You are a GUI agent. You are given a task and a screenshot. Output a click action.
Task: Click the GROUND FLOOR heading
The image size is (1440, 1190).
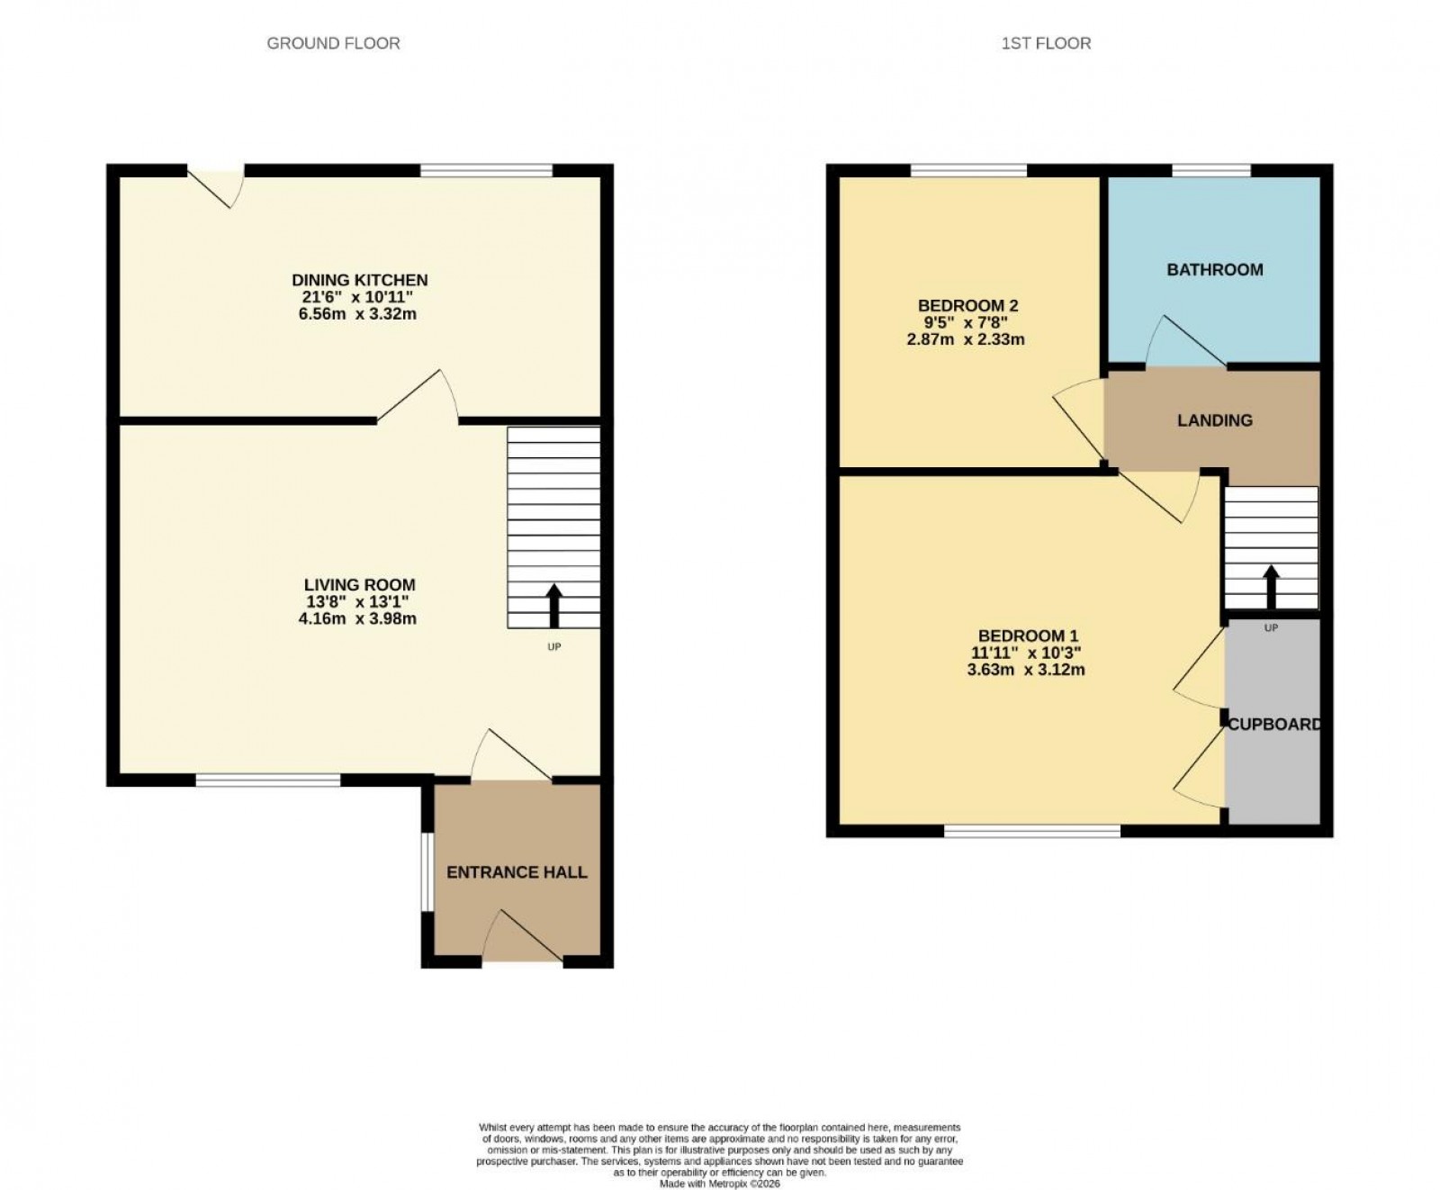(x=333, y=43)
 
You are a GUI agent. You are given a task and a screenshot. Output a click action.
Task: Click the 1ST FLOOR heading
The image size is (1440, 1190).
(x=1046, y=43)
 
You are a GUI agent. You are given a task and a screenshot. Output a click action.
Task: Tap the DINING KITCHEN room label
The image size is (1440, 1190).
(x=359, y=280)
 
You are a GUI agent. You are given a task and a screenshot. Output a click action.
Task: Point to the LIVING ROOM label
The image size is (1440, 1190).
(x=359, y=584)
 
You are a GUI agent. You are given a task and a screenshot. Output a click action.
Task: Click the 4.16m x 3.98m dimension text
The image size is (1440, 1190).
(x=357, y=618)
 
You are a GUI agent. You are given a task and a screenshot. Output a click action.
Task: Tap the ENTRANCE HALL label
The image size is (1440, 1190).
(x=517, y=871)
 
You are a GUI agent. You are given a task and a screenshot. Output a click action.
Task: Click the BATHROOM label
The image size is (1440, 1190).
(x=1214, y=269)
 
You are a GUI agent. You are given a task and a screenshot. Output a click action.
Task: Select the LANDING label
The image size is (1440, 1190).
(x=1214, y=420)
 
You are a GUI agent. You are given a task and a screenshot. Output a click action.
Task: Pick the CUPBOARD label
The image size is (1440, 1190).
(x=1274, y=724)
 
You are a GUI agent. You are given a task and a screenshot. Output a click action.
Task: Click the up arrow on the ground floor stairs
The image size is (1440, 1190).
(x=553, y=605)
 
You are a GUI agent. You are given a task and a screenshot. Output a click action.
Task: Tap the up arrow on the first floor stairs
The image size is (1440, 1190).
(x=1271, y=587)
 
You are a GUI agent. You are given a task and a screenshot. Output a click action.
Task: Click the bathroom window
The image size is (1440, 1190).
(x=1211, y=170)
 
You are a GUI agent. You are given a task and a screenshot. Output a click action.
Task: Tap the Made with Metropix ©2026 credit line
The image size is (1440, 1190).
(x=719, y=1184)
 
